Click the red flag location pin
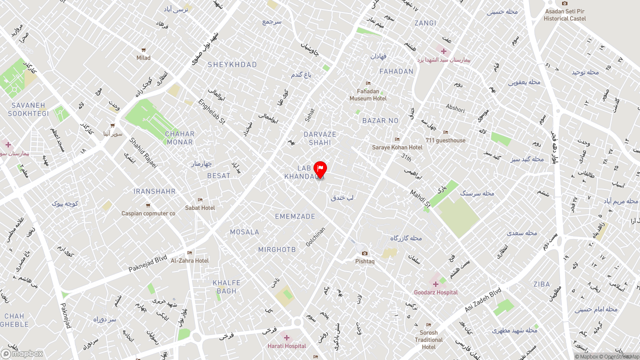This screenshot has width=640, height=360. [x=320, y=169]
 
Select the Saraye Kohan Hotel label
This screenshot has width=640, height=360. [x=397, y=147]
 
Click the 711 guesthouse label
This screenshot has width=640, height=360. [x=445, y=140]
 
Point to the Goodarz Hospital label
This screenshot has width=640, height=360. [x=435, y=292]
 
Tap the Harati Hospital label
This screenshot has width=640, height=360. [x=286, y=346]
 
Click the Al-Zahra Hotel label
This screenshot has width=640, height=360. [x=189, y=260]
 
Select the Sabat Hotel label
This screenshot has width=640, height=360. [x=200, y=207]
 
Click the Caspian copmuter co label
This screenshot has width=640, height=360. [x=148, y=213]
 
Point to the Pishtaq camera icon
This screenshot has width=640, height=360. [x=364, y=253]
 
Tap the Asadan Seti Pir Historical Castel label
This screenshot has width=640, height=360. [x=564, y=15]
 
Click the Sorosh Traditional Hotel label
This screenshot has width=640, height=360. [x=428, y=339]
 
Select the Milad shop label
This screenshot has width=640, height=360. [x=143, y=57]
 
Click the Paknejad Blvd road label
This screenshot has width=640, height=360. [x=147, y=264]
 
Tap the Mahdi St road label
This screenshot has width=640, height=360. [x=420, y=198]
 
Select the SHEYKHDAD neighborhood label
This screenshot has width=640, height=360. [x=232, y=65]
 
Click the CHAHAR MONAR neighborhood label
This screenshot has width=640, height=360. [x=179, y=138]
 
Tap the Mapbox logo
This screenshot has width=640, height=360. [x=22, y=353]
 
